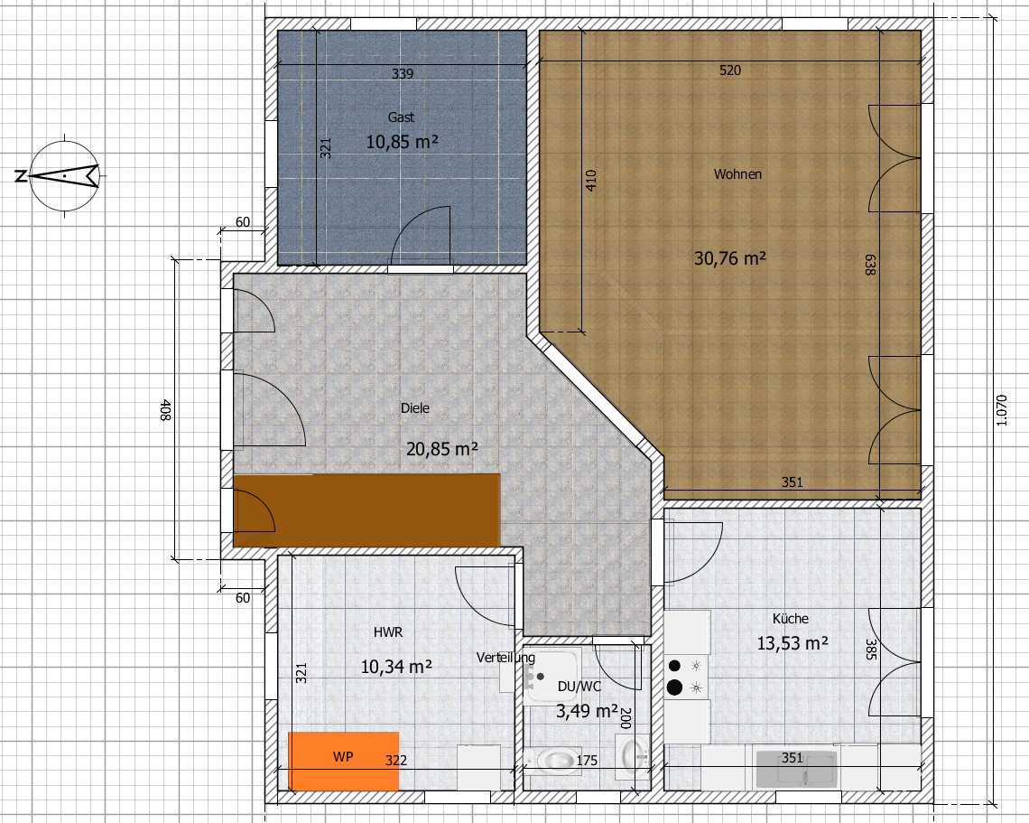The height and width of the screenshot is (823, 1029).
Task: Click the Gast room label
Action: click(x=401, y=117)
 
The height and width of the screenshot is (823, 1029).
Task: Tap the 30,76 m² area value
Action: click(x=729, y=258)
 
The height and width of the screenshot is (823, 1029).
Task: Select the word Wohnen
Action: click(x=737, y=174)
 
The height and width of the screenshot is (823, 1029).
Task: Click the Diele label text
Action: click(x=414, y=408)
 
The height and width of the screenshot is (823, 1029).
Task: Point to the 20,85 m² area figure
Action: click(x=441, y=449)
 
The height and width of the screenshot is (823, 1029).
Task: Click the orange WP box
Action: click(x=343, y=761)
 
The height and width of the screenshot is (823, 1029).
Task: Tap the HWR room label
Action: click(x=388, y=632)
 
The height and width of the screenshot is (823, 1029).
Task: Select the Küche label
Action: click(x=790, y=619)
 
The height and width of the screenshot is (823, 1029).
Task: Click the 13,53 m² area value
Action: click(x=793, y=643)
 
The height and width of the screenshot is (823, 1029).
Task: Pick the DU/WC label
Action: click(x=579, y=687)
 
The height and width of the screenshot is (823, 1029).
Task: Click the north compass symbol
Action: click(x=64, y=175)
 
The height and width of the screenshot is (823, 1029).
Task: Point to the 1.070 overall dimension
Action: click(x=1001, y=410)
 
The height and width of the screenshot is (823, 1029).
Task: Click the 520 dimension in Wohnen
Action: click(x=729, y=70)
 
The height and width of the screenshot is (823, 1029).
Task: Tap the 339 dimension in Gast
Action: click(x=403, y=73)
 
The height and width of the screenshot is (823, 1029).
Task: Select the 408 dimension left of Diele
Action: click(x=165, y=410)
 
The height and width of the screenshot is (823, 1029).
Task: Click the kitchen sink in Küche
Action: click(x=796, y=769)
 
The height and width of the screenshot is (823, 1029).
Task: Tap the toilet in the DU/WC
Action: click(x=553, y=760)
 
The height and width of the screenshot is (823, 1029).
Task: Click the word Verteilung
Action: click(x=506, y=658)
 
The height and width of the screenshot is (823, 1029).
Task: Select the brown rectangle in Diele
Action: click(x=366, y=510)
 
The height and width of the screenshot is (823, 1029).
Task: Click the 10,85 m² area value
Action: click(x=402, y=142)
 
